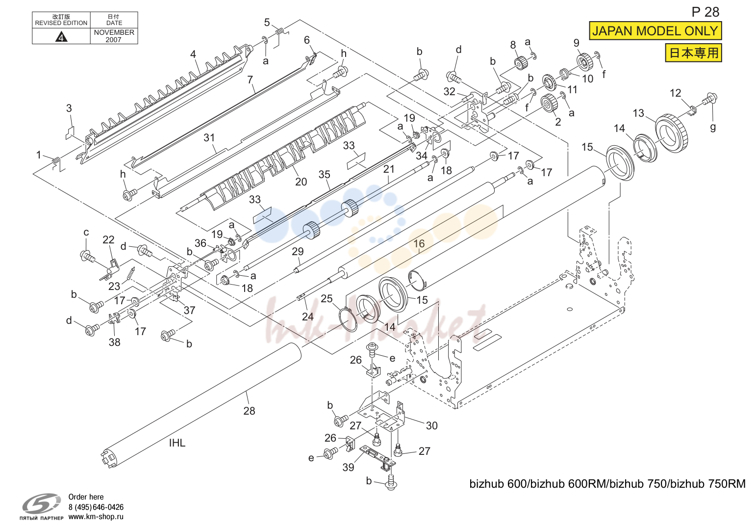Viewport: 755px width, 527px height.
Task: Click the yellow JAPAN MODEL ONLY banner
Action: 655,31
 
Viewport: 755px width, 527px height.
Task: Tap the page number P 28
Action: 705,12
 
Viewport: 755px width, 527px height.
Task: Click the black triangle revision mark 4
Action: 61,36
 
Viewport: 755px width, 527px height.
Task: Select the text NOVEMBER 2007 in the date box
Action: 114,36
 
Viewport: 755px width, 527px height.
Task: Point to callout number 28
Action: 249,411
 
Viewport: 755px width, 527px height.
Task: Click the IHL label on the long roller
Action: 177,443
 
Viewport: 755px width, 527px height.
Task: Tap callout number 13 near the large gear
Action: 638,113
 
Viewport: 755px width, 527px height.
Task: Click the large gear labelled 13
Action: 672,133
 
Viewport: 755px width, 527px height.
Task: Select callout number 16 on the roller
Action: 419,243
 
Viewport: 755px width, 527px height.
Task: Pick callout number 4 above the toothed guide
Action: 193,54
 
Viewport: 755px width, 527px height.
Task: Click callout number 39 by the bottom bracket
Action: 348,467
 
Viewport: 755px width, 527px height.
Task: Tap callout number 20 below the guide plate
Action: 301,182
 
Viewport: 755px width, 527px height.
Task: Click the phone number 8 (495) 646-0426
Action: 96,507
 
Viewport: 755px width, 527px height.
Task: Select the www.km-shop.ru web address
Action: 96,517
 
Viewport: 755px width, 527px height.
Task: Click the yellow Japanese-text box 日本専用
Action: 693,53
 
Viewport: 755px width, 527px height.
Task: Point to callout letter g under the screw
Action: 712,128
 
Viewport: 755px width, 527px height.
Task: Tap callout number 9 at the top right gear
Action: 577,43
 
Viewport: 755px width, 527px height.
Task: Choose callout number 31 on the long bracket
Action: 209,137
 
